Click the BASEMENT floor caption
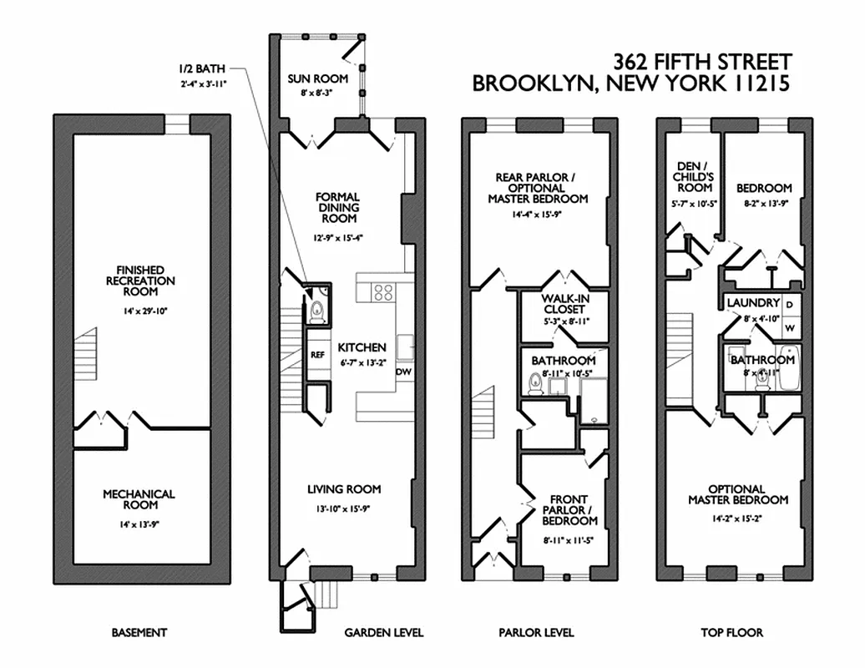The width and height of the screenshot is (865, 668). coord(139,633)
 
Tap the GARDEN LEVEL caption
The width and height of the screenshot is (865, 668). coord(383,633)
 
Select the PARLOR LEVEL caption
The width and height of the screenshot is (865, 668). coord(536,633)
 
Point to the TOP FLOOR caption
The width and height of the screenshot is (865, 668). coord(731,633)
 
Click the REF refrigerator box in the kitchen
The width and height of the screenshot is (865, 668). coord(317,354)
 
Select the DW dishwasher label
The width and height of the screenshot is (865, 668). coord(403,372)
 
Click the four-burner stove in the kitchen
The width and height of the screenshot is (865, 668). coord(382,292)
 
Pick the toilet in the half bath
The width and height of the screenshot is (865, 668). coord(316,311)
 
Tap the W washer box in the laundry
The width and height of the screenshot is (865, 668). coord(789,328)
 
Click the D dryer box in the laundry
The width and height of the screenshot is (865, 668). coord(789,303)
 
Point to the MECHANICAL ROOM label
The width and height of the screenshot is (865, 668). coord(139,499)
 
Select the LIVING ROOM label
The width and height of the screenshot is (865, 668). coord(344,489)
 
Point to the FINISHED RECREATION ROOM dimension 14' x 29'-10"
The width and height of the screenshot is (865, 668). coord(140,311)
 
